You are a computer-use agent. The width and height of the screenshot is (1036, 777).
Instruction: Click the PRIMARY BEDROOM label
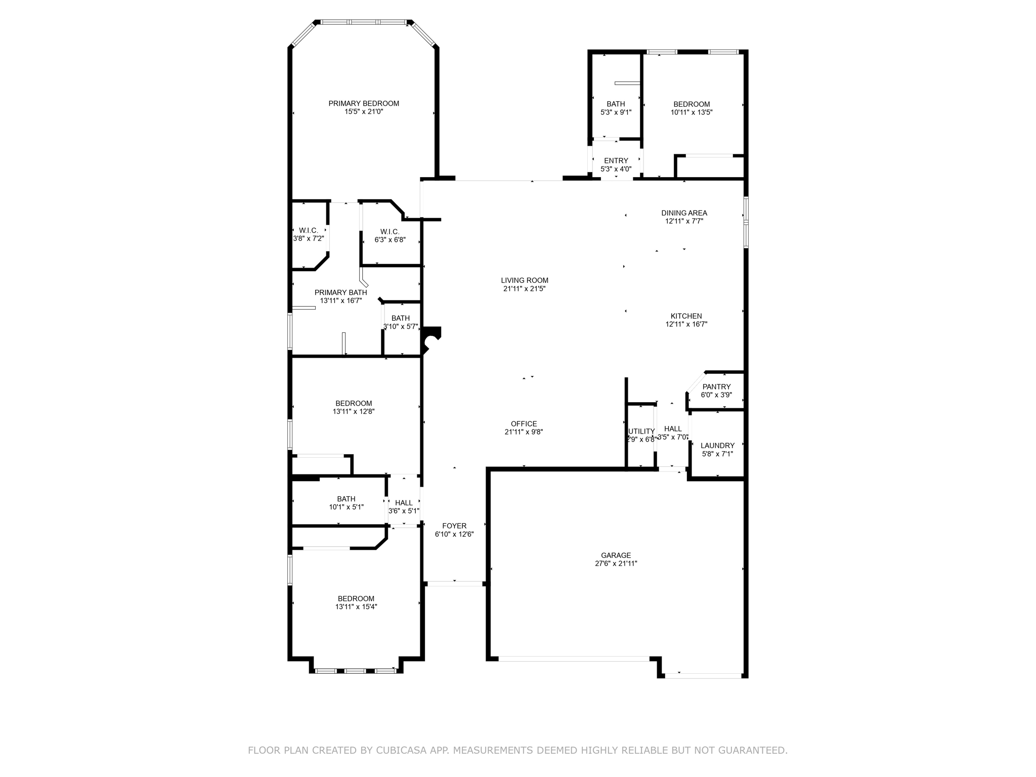tap(364, 104)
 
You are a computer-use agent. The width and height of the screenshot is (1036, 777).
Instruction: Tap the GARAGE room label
tap(616, 555)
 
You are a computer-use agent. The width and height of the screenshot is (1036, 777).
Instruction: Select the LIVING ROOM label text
tap(525, 280)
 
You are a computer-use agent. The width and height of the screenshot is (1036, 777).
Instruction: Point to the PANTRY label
tap(716, 387)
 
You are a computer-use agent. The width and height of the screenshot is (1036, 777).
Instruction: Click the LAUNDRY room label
tap(717, 446)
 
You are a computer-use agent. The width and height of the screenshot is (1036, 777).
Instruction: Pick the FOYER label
tap(454, 526)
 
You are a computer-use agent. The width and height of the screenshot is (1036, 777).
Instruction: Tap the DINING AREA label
tap(684, 213)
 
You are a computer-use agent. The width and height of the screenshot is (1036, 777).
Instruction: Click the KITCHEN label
tap(686, 316)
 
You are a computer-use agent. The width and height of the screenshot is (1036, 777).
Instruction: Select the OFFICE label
tap(524, 424)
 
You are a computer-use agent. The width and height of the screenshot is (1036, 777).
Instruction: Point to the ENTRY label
tap(616, 161)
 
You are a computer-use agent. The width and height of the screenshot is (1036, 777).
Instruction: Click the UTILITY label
tap(641, 431)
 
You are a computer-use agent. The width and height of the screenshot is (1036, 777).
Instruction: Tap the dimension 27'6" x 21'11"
tap(616, 564)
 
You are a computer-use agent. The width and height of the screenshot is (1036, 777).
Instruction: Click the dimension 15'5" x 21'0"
tap(364, 112)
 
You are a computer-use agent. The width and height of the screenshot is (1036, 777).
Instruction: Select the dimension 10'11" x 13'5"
tap(692, 113)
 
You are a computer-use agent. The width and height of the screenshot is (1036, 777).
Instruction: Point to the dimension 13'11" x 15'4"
tap(356, 607)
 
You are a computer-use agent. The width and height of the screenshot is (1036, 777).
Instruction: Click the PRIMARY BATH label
tap(341, 292)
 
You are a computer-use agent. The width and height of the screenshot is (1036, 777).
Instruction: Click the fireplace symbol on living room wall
tap(431, 339)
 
